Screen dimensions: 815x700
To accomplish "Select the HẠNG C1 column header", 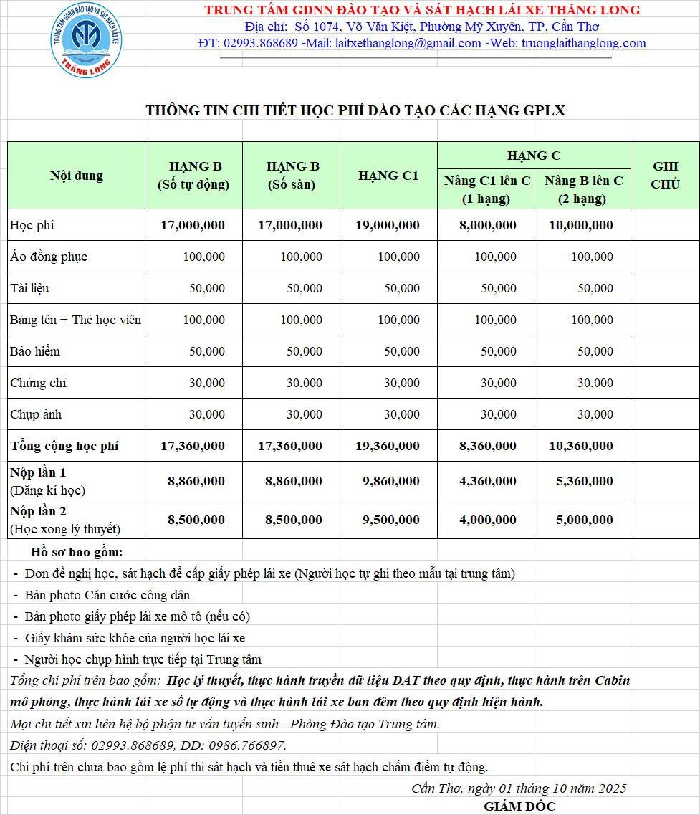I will coord(388,176).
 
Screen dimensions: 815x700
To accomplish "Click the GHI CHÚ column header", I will coord(664,176).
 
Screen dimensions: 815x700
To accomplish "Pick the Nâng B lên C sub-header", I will coord(583,189).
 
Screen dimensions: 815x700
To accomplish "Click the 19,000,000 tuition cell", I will coord(388,225).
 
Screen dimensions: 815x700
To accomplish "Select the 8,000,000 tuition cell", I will coord(487,225).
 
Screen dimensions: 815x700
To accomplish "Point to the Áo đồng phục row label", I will coord(49,257).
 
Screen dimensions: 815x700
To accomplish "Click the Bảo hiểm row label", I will coord(35,351).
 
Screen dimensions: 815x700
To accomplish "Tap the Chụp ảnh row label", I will coord(36,414).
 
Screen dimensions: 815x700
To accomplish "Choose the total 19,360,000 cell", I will coord(388,446).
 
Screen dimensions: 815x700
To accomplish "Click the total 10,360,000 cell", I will coord(581,446).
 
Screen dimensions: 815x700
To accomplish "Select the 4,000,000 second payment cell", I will coord(487,520).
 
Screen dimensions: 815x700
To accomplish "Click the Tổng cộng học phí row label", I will coord(64,446).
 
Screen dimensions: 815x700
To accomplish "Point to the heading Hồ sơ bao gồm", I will coord(77,552).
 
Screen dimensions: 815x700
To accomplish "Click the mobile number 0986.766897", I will coord(248,745).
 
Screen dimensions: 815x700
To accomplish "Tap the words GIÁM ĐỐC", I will coord(519,806).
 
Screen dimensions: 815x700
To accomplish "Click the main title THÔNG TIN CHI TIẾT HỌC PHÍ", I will coord(355,110).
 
